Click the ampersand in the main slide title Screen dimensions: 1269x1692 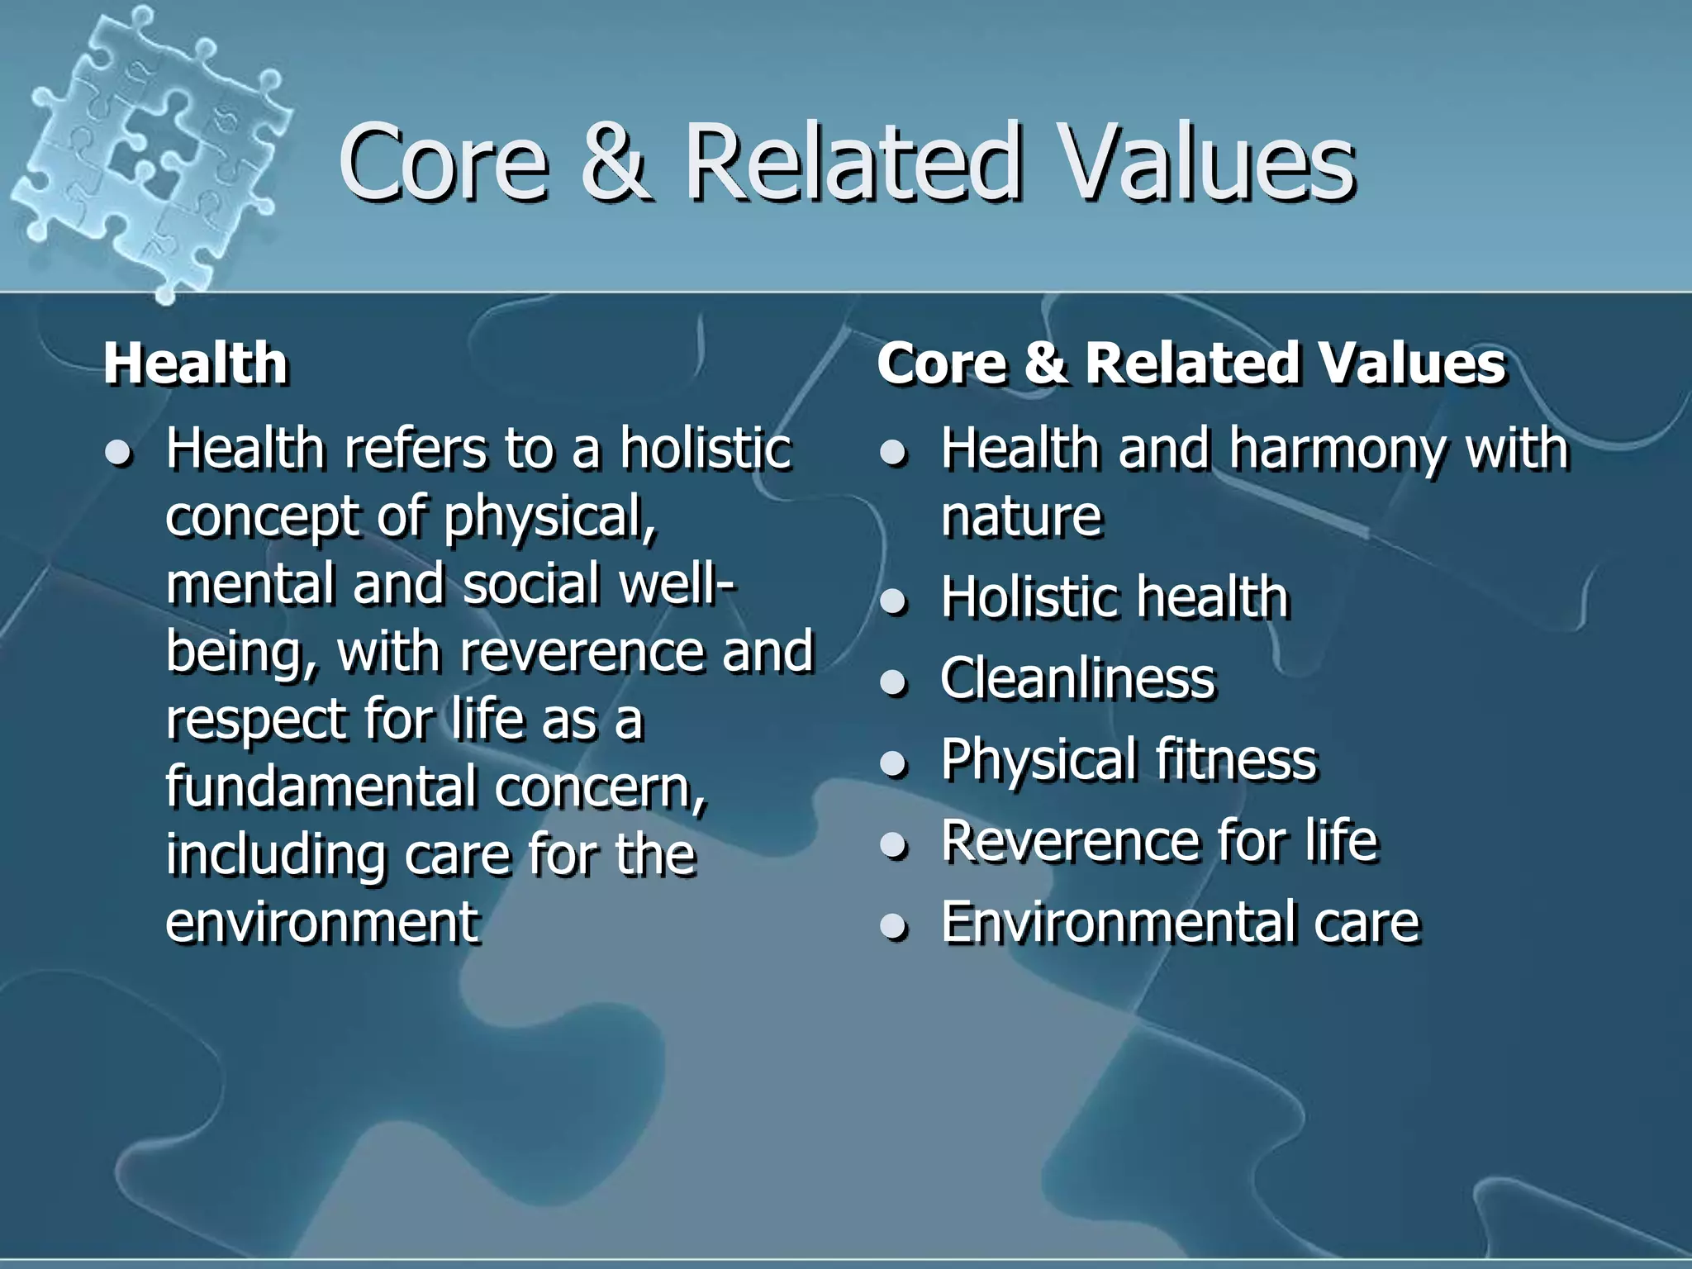click(x=614, y=163)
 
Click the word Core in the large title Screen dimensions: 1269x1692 click(x=444, y=163)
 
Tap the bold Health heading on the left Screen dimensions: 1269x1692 click(x=196, y=364)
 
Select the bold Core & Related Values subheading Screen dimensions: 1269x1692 click(x=1191, y=364)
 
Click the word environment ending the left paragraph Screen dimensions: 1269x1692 click(x=322, y=922)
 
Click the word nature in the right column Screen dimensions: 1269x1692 click(x=1022, y=517)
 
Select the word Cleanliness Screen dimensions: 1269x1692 click(x=1077, y=679)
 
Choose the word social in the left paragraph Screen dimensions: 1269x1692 click(x=531, y=584)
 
